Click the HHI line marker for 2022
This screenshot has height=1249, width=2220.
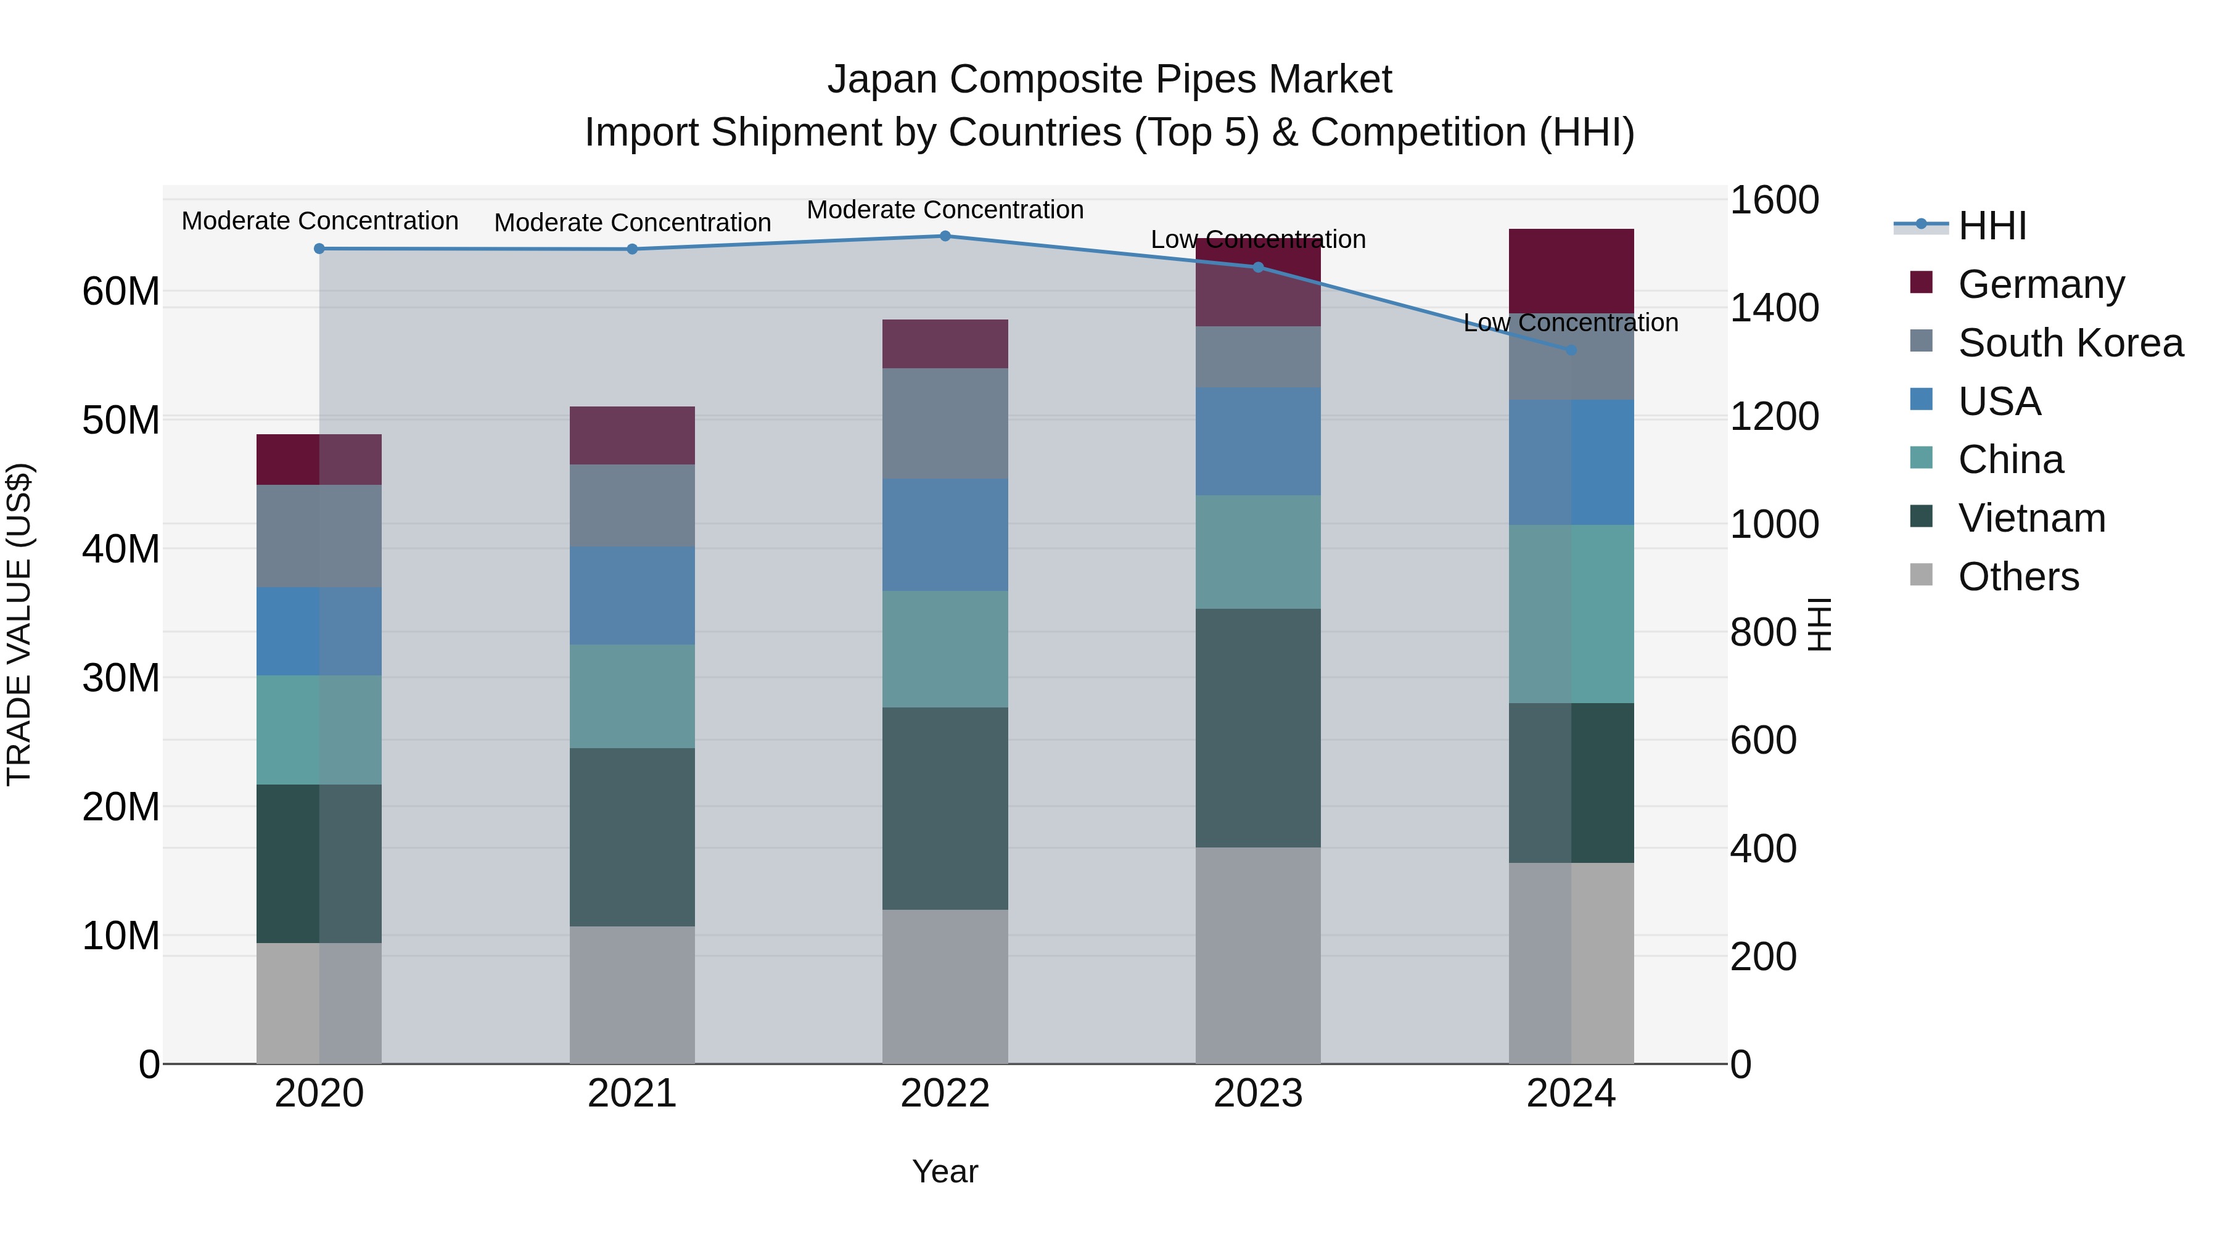tap(945, 236)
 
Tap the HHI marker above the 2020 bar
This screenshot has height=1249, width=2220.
tap(319, 248)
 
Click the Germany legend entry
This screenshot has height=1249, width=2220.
tap(2040, 284)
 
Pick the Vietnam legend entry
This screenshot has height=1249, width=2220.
tap(2031, 518)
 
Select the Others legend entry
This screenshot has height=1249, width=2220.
tap(2018, 577)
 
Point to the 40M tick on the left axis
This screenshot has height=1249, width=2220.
tap(121, 549)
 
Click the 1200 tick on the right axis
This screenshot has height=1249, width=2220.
tap(1774, 416)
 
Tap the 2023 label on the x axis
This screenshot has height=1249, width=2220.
tap(1257, 1094)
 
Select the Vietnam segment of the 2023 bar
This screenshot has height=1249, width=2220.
tap(1257, 728)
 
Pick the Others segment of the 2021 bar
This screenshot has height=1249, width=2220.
tap(631, 995)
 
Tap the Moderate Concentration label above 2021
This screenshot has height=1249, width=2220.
tap(631, 223)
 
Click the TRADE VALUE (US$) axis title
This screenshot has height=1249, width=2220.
tap(19, 624)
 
